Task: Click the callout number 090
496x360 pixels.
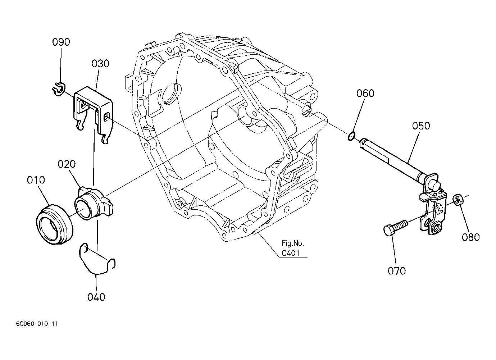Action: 61,42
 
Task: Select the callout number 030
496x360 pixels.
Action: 100,64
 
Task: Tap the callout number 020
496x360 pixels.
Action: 67,164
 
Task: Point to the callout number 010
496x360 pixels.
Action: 36,180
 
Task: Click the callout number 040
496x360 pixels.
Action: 96,297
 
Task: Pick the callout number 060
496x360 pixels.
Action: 365,94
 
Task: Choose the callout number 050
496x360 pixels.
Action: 421,126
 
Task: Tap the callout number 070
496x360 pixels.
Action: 397,270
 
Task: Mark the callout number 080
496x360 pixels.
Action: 471,237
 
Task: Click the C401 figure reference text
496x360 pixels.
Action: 291,253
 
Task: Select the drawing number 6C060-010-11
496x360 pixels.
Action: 37,324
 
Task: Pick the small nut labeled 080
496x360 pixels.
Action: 458,200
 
